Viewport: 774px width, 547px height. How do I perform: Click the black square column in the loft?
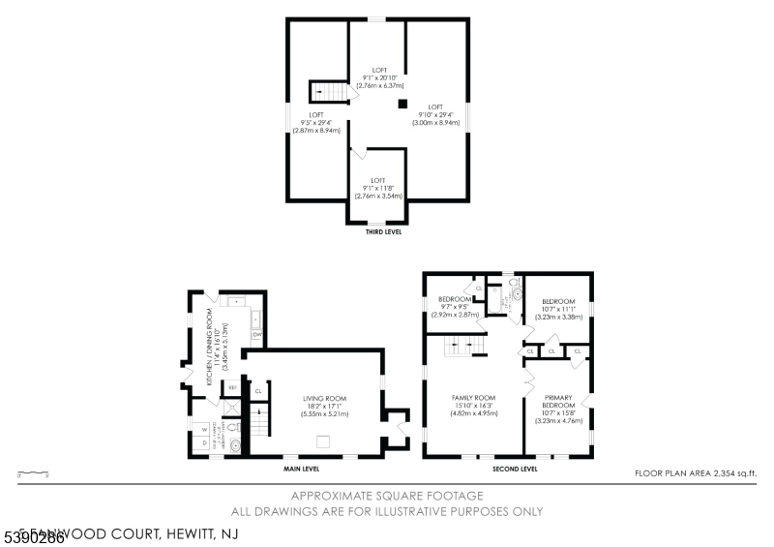coord(402,104)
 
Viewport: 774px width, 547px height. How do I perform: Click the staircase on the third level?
coord(328,92)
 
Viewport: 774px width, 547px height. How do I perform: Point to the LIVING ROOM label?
coord(324,397)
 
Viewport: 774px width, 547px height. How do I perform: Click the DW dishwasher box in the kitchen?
coord(257,335)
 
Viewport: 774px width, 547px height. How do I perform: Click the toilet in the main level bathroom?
coord(234,444)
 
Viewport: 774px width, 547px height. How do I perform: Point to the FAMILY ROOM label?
coord(474,398)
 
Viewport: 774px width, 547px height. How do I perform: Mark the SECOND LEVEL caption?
coord(515,470)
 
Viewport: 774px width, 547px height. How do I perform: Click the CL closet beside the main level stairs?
coord(257,391)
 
